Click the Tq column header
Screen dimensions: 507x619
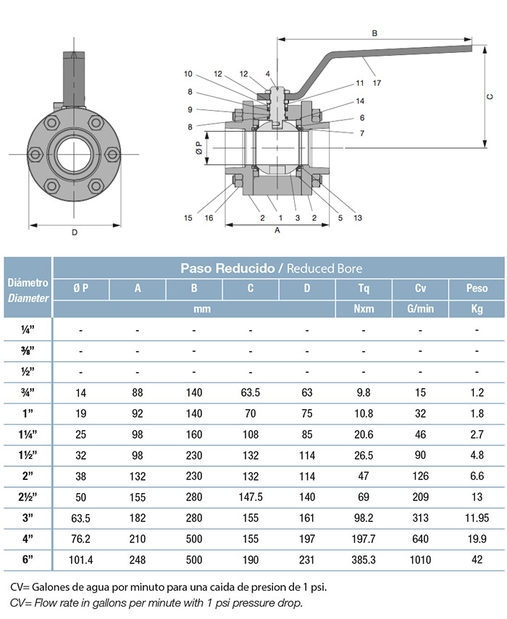tap(364, 289)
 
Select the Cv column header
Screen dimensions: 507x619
tap(420, 289)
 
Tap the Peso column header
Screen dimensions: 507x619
tap(477, 288)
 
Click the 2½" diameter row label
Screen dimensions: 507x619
tap(28, 497)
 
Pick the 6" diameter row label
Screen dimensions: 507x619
tap(28, 560)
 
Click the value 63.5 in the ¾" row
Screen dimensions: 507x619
tap(251, 392)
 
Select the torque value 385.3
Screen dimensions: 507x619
tap(364, 560)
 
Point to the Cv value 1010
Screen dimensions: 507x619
tap(420, 560)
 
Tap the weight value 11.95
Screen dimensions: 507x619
tap(477, 518)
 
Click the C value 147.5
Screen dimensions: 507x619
tap(251, 497)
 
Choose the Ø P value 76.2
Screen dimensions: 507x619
tap(80, 539)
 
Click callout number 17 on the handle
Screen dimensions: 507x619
tap(377, 83)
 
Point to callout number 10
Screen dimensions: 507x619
tap(188, 74)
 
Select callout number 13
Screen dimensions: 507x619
tap(358, 217)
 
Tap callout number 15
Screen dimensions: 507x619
tap(188, 217)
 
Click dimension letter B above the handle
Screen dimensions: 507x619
tap(374, 33)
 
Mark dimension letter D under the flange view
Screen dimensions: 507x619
tap(75, 232)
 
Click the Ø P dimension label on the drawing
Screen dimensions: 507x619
tap(199, 148)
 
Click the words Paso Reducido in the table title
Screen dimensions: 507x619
tap(227, 269)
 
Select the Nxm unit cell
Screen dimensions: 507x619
tap(364, 308)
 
